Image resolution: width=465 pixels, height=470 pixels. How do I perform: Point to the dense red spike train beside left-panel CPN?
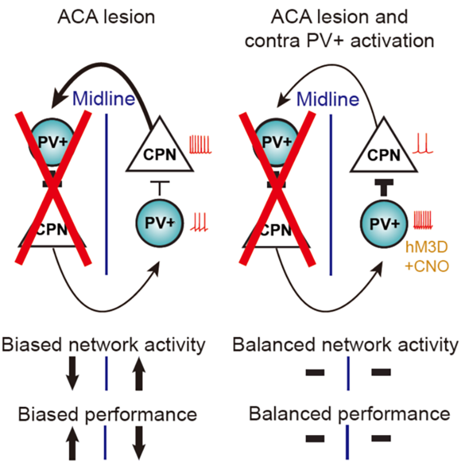pyautogui.click(x=198, y=144)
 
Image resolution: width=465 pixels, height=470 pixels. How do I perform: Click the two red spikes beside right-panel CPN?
pyautogui.click(x=420, y=144)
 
